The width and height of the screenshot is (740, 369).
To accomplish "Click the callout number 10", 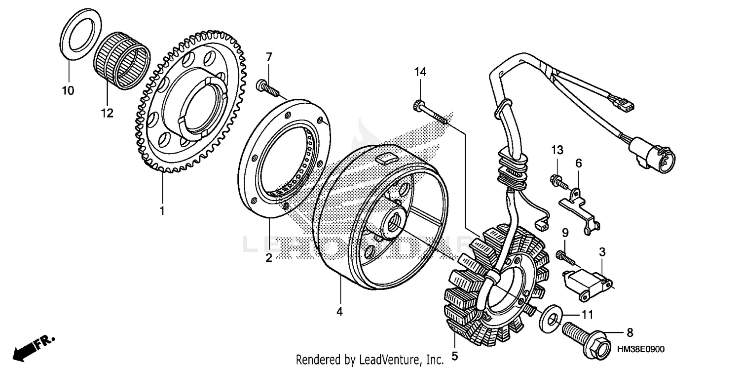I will [68, 91].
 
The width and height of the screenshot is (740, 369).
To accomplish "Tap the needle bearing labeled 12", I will [121, 60].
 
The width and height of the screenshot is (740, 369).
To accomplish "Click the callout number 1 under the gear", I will [162, 211].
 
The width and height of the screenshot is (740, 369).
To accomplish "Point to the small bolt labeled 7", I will [267, 89].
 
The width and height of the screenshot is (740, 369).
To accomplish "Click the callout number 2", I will [269, 258].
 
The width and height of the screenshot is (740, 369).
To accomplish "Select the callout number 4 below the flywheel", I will [339, 312].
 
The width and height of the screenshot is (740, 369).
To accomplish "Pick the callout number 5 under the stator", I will [454, 355].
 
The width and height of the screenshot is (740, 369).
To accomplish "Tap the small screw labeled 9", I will [564, 256].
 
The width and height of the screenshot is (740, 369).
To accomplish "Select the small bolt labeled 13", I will [556, 181].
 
